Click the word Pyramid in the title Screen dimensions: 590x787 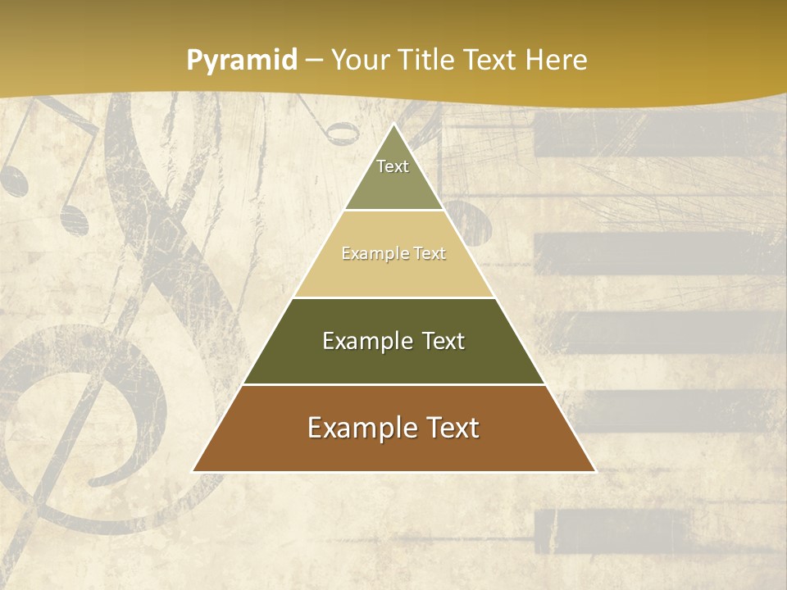click(241, 61)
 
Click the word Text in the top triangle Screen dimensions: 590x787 click(393, 166)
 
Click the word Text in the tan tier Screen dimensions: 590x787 click(430, 253)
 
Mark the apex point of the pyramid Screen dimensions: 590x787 click(393, 125)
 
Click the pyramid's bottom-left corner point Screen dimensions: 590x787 click(193, 471)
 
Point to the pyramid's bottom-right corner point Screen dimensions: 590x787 click(595, 471)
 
